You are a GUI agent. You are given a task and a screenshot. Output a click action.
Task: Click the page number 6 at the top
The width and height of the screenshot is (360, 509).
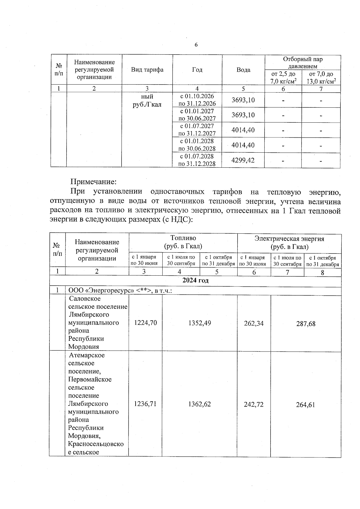coord(196,45)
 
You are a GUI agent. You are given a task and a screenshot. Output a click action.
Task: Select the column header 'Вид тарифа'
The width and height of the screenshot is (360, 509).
coord(147,70)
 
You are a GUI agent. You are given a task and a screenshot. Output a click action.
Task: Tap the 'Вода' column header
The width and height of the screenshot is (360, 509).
coord(243,70)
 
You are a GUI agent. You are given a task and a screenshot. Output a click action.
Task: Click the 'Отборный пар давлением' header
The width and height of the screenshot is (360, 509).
coord(303,63)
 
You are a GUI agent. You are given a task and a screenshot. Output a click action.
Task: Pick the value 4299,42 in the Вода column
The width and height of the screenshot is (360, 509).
coord(243,160)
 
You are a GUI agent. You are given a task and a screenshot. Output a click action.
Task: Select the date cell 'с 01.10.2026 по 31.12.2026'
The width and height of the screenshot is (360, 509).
coord(197,100)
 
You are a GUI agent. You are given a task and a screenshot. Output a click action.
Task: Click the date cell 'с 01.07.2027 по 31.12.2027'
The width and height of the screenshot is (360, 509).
coord(197,130)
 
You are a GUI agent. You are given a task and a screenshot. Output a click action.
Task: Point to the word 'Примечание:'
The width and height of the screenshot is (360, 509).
coord(93,182)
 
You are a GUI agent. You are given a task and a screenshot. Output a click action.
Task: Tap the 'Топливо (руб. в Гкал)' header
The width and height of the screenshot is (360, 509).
coord(183,242)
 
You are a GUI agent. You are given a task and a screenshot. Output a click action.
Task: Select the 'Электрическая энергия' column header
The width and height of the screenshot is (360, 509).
coord(289,239)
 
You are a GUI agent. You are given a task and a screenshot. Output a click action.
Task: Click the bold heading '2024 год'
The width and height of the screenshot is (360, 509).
coord(195,281)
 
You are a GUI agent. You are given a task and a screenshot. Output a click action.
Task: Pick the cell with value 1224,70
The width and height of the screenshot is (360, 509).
coord(145,323)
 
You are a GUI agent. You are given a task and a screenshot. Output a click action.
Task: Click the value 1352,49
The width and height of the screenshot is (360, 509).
coord(199,323)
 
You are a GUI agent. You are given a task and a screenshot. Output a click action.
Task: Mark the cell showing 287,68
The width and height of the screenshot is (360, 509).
coord(306,324)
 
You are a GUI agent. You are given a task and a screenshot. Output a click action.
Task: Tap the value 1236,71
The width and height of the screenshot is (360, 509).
coord(145,404)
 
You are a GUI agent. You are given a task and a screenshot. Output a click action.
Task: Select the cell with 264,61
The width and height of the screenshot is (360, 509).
coord(306,405)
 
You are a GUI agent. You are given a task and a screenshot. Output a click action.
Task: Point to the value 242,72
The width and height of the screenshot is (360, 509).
coord(254,405)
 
